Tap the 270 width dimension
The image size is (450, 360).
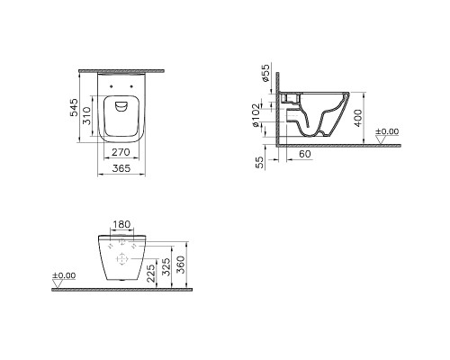pyautogui.click(x=119, y=154)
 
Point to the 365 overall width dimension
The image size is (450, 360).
pyautogui.click(x=119, y=169)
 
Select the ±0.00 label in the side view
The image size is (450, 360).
pyautogui.click(x=386, y=131)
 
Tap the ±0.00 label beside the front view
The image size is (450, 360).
pyautogui.click(x=63, y=275)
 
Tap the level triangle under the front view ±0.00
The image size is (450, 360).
pyautogui.click(x=58, y=286)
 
